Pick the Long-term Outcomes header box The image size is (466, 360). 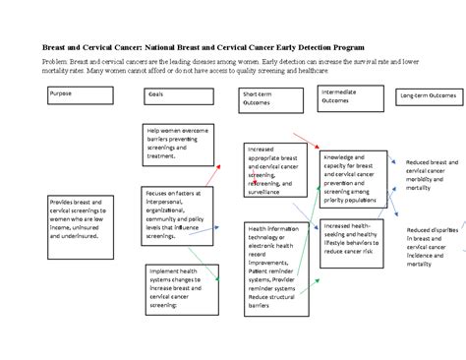(x=429, y=95)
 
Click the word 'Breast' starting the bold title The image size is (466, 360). (x=54, y=46)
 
